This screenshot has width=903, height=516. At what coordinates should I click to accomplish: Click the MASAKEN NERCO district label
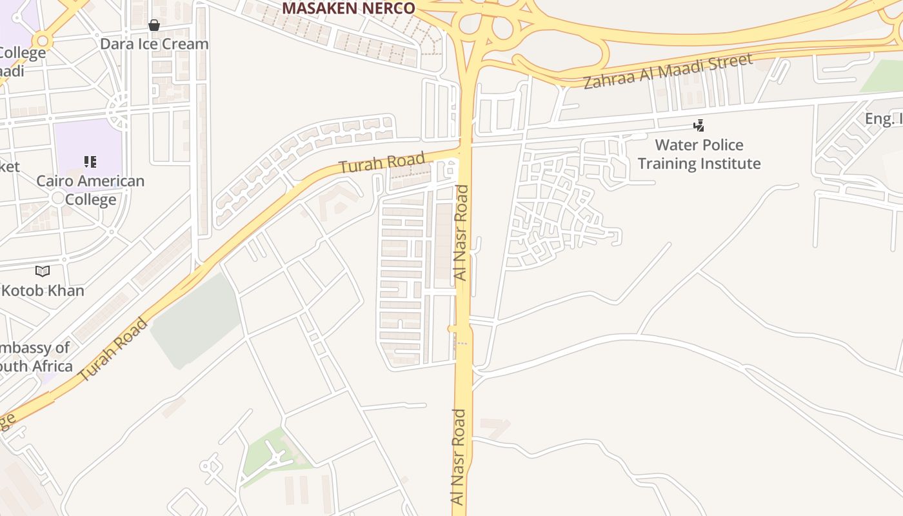point(348,8)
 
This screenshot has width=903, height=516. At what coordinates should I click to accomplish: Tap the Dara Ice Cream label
point(154,44)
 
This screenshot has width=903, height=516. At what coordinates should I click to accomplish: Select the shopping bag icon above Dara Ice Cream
point(154,25)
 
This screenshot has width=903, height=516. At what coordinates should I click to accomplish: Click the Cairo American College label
point(90,190)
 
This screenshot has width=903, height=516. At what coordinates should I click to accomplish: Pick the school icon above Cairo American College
point(90,161)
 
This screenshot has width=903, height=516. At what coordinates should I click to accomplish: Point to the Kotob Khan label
point(43,290)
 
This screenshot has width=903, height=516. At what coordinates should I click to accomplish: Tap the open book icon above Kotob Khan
point(43,272)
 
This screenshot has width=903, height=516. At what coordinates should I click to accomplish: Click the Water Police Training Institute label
point(699,154)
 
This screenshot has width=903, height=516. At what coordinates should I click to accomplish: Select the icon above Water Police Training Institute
point(699,125)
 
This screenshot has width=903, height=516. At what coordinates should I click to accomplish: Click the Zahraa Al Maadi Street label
point(668,72)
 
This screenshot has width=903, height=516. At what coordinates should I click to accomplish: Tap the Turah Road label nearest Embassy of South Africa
point(113,349)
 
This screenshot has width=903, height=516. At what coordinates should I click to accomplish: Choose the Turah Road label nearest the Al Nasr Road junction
point(382,162)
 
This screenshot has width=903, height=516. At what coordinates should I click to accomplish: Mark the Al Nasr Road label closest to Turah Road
point(461,232)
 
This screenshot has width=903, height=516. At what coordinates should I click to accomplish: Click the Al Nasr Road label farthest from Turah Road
point(458,457)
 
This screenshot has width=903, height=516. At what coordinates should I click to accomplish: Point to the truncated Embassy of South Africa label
point(35,357)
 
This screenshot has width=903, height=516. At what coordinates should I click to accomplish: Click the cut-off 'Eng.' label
point(883,119)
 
